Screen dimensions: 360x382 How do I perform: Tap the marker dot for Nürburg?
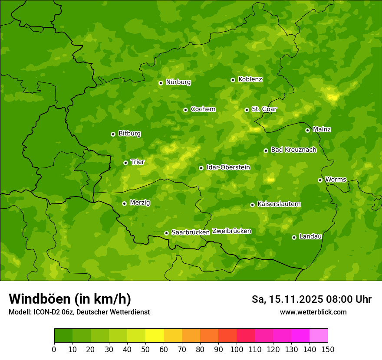[161, 82]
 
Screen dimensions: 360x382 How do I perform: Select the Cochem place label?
[203, 109]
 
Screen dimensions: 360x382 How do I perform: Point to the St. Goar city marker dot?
[247, 110]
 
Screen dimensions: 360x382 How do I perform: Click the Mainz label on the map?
[322, 130]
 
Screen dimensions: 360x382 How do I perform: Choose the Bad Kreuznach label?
[293, 150]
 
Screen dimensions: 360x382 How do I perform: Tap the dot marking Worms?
[320, 180]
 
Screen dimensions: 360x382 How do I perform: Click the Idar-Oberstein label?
[228, 167]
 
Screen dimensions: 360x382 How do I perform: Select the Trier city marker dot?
[125, 163]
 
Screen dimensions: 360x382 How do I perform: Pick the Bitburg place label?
[129, 134]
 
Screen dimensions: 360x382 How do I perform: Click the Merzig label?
[140, 203]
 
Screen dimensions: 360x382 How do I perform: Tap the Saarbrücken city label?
[191, 232]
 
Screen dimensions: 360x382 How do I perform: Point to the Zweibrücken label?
[231, 231]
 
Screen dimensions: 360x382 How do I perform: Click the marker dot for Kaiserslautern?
[252, 205]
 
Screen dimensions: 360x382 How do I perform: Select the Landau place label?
[310, 237]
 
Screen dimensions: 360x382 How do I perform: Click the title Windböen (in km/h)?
[70, 299]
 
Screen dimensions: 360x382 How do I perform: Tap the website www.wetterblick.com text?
[313, 312]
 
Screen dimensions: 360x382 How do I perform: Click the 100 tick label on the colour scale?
[237, 349]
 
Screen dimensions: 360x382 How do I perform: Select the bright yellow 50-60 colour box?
[155, 336]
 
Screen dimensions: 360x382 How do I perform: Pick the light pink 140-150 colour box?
[319, 336]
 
